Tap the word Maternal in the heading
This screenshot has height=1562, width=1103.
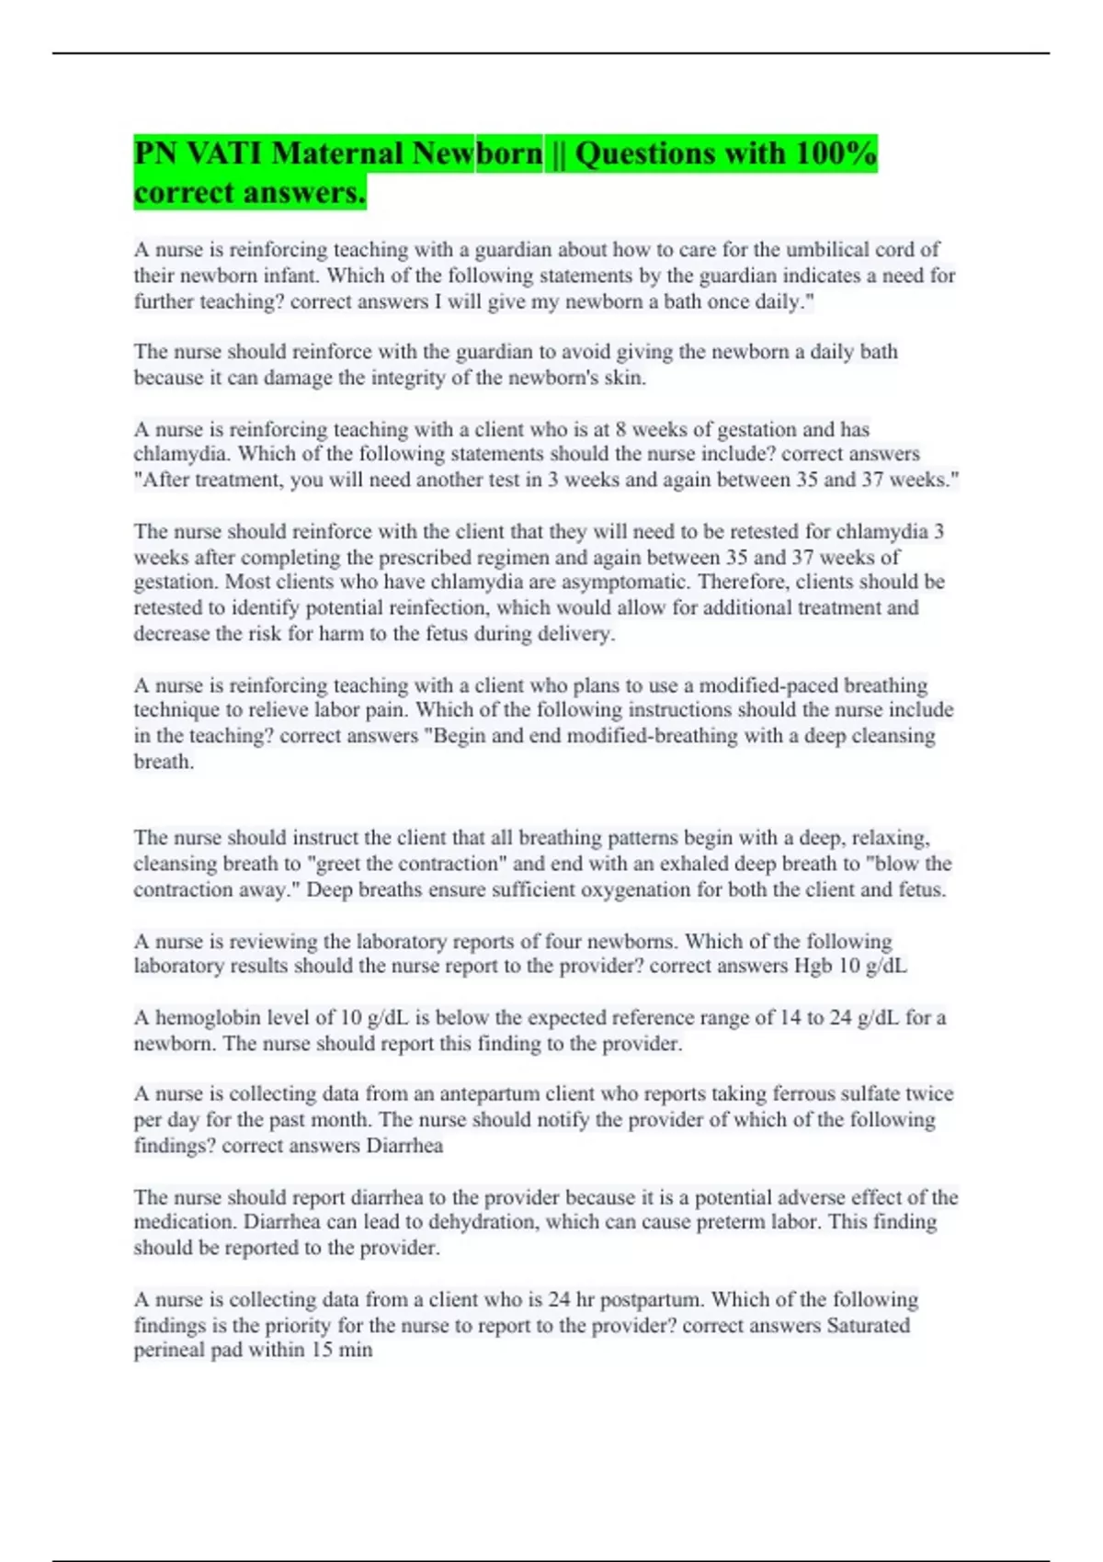coord(338,153)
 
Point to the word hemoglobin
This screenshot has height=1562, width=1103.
coord(208,1018)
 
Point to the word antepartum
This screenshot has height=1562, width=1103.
coord(477,1094)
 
